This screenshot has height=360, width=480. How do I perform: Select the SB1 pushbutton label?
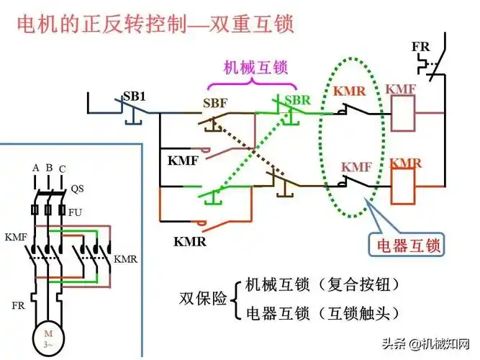click(135, 96)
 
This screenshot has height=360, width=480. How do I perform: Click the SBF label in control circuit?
click(214, 103)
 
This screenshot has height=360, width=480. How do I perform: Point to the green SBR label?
click(297, 99)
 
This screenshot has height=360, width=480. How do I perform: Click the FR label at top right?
click(420, 47)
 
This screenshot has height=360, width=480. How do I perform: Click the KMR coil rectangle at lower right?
click(406, 189)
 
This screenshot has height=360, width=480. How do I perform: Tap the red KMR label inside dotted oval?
click(350, 91)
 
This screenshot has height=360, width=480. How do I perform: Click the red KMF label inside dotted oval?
click(356, 166)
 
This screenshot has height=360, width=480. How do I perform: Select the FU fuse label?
click(75, 213)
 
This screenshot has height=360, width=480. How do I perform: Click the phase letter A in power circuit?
click(35, 167)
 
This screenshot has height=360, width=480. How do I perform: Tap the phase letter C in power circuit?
click(62, 169)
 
